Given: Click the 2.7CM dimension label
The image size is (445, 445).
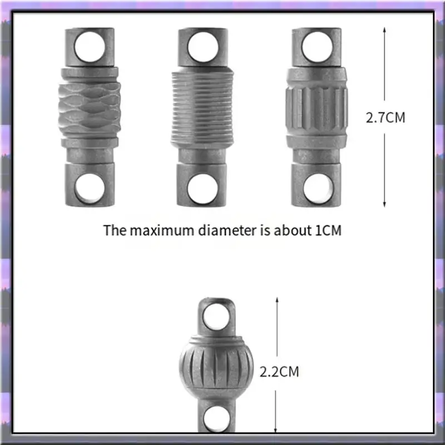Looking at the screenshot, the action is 385,117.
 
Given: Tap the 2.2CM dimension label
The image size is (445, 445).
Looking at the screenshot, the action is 279,372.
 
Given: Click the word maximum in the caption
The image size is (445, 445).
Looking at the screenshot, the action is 162,230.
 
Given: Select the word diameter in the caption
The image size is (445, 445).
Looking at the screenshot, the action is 227,230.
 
